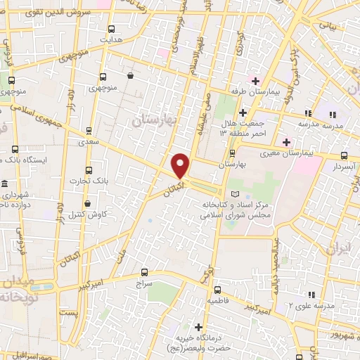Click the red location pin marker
(181, 166)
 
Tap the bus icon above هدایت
(111, 29)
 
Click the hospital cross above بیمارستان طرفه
(255, 80)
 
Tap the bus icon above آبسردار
(343, 155)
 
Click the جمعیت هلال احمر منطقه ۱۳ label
(243, 128)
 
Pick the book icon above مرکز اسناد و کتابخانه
(235, 194)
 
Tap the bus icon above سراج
(144, 271)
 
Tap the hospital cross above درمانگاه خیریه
(198, 327)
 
